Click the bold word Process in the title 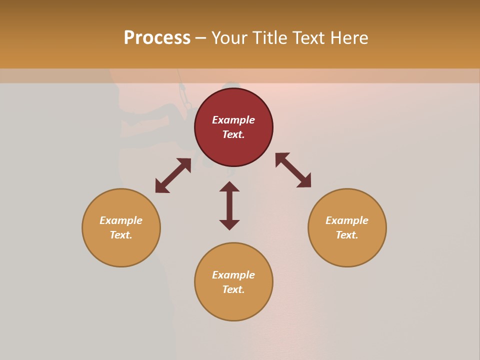click(157, 38)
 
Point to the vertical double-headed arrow click(229, 205)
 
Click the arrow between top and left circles click(173, 175)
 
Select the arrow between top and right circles click(293, 170)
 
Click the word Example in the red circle click(233, 120)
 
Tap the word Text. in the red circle click(233, 134)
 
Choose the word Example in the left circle click(121, 220)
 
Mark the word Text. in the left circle click(121, 235)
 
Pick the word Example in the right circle click(347, 220)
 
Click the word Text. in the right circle click(347, 235)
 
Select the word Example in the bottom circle click(233, 275)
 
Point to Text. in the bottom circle click(233, 289)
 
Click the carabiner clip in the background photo click(184, 93)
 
